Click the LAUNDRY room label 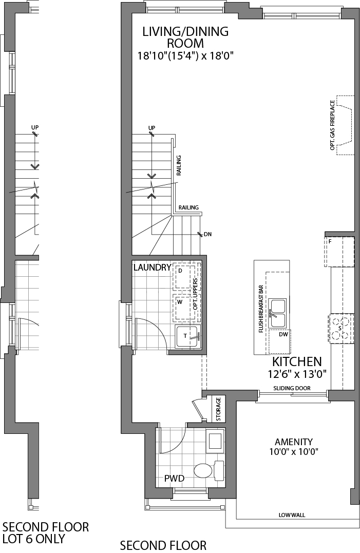click(x=152, y=268)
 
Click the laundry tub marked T click(x=187, y=337)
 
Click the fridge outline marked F click(x=339, y=251)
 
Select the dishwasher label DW click(x=283, y=334)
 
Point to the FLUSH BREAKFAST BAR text click(x=261, y=308)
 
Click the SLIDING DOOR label click(x=292, y=388)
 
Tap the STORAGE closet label click(x=218, y=409)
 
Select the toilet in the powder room click(x=209, y=470)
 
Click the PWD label click(x=174, y=479)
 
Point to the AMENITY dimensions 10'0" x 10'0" click(x=293, y=452)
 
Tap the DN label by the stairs click(x=207, y=235)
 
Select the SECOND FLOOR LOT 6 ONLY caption click(x=46, y=532)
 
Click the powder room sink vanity click(x=215, y=441)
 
